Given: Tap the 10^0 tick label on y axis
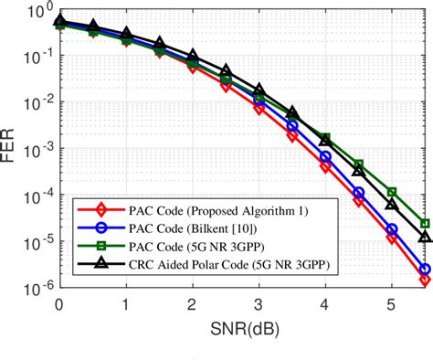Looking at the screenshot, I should click(x=36, y=12).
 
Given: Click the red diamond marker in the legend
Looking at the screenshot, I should click(x=90, y=209).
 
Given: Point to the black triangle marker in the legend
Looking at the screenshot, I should click(x=90, y=264).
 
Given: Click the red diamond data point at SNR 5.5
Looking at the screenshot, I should click(x=425, y=281).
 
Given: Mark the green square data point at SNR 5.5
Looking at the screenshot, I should click(x=425, y=223).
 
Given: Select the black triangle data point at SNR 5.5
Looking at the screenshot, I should click(x=425, y=237).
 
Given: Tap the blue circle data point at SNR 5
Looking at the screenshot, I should click(x=392, y=229).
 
